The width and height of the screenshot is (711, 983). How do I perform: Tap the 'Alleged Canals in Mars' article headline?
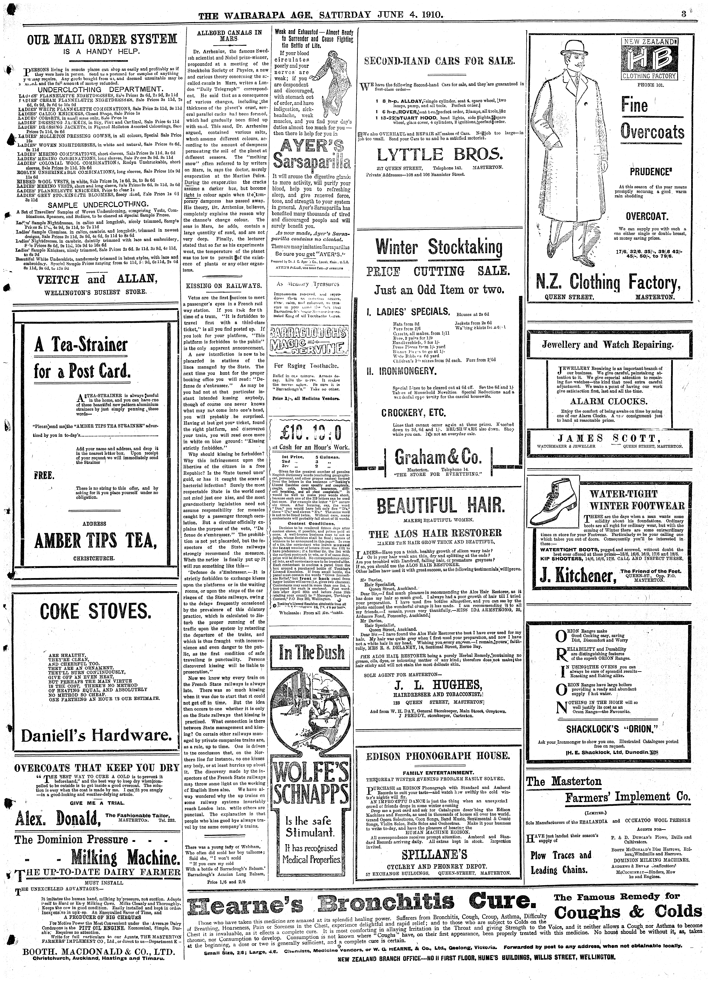coord(229,35)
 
